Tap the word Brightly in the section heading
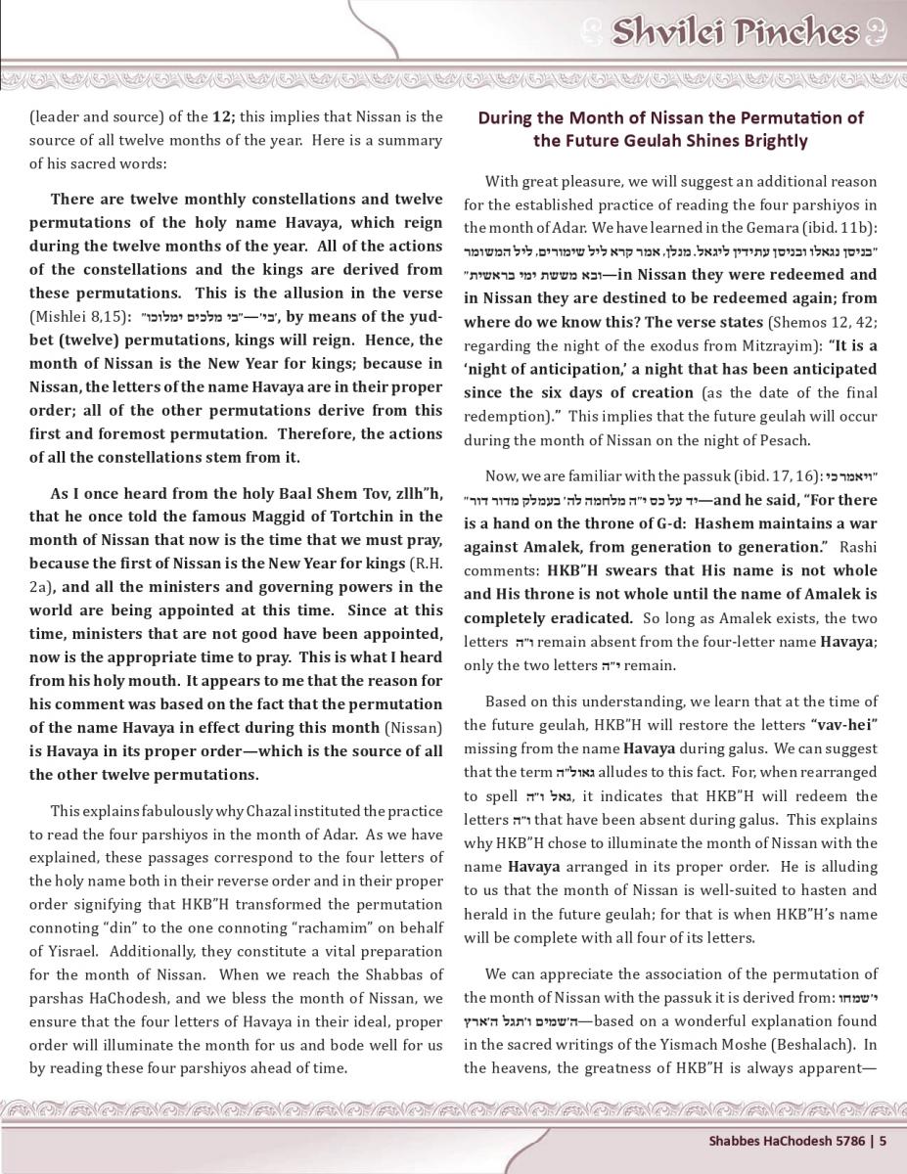[772, 141]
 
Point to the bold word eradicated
[593, 618]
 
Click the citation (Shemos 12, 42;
[821, 323]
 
